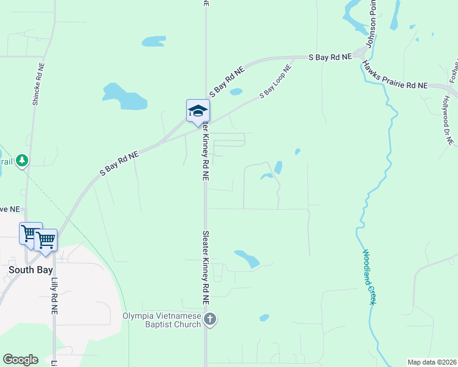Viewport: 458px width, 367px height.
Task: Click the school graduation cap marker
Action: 198,111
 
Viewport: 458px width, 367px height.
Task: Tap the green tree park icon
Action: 22,160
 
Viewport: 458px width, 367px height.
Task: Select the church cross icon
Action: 210,319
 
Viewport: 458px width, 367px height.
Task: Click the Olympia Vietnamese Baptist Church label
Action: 162,320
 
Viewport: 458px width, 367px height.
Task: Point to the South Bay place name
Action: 31,269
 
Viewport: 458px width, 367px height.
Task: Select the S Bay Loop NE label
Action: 275,82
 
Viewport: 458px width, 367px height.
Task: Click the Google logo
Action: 20,360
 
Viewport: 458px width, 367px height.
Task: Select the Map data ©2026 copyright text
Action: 432,362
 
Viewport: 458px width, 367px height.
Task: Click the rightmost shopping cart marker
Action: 46,239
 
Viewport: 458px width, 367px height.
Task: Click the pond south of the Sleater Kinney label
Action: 247,259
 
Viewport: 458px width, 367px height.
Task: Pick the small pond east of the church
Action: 264,317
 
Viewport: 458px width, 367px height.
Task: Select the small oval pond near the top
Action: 154,42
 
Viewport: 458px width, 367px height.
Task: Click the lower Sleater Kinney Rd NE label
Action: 206,267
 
